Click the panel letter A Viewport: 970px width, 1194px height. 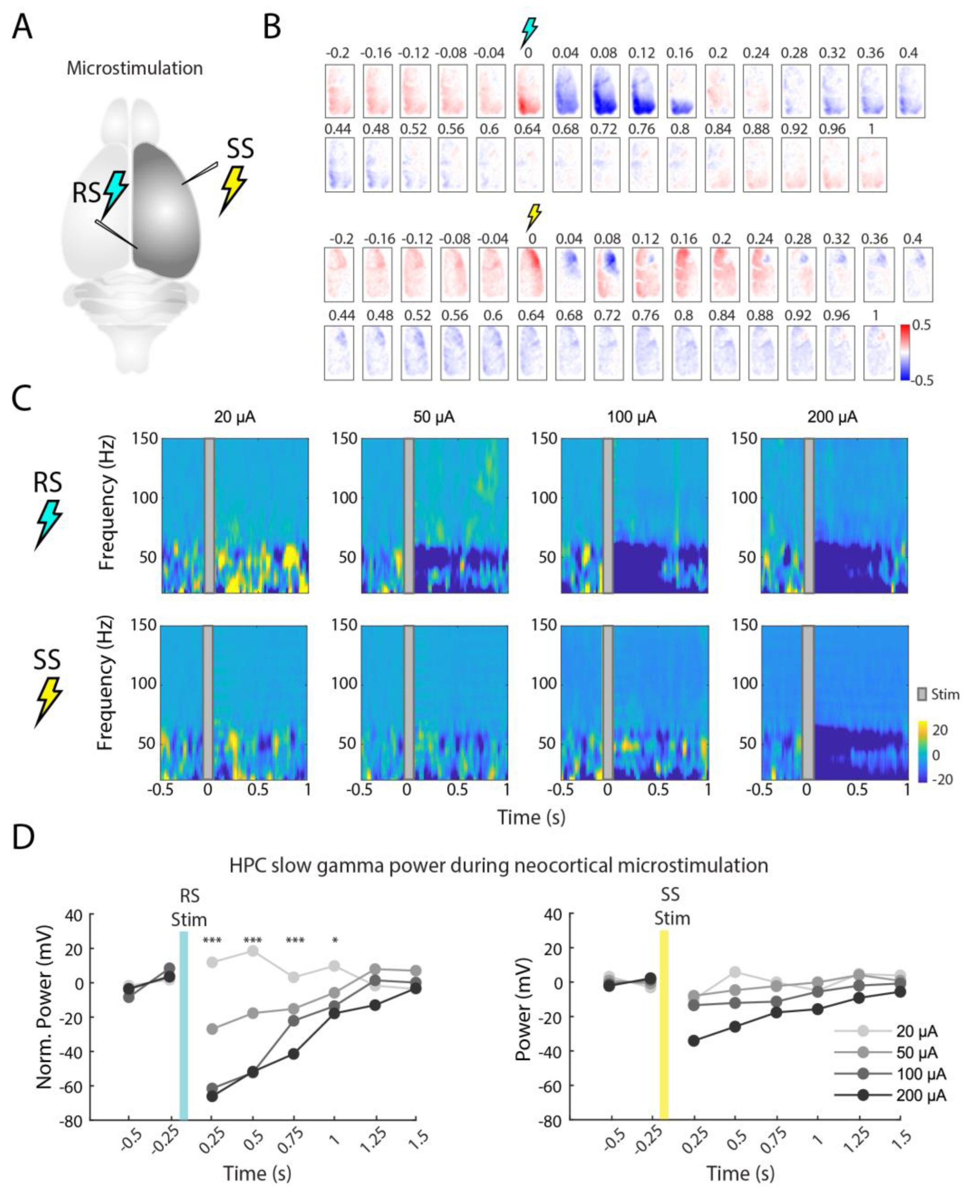click(23, 27)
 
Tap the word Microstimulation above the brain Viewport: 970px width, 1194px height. click(135, 68)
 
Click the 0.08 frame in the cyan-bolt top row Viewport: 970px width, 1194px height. click(605, 91)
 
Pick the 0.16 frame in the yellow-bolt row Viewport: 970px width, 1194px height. click(686, 274)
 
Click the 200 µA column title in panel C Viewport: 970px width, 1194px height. click(832, 417)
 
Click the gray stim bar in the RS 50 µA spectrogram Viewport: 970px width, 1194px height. click(409, 515)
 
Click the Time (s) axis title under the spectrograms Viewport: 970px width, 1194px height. click(531, 817)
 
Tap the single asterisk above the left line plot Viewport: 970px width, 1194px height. click(335, 940)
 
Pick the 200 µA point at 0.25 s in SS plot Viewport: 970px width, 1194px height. click(693, 1040)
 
